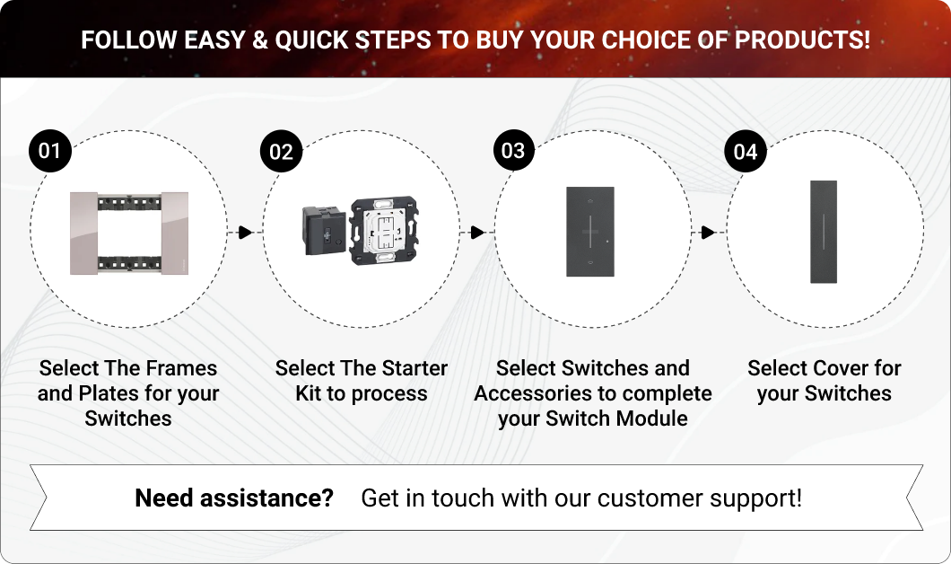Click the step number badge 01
pyautogui.click(x=49, y=151)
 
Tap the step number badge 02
pyautogui.click(x=282, y=151)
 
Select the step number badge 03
pyautogui.click(x=513, y=150)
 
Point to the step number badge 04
pyautogui.click(x=746, y=151)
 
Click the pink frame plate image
pyautogui.click(x=129, y=234)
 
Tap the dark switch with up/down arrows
pyautogui.click(x=590, y=232)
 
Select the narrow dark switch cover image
pyautogui.click(x=824, y=232)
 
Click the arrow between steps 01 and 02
pyautogui.click(x=245, y=232)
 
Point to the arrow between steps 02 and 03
pyautogui.click(x=477, y=232)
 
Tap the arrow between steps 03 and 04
pyautogui.click(x=708, y=232)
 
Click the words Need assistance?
pyautogui.click(x=234, y=498)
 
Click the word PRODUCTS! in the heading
pyautogui.click(x=802, y=40)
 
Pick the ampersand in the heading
pyautogui.click(x=259, y=40)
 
